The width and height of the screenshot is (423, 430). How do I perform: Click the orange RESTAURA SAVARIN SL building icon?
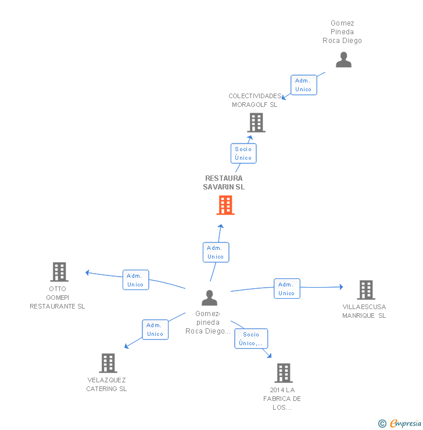coord(225,205)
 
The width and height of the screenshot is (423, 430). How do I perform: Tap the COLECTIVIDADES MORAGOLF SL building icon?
coord(256,123)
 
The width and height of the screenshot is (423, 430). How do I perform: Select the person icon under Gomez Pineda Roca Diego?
coord(343,60)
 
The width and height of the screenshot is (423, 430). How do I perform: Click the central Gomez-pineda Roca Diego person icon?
coord(209,298)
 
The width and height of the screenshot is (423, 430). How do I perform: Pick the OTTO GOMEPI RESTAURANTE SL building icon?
coord(59,271)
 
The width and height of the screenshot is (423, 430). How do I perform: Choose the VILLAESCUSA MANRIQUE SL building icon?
coord(365,289)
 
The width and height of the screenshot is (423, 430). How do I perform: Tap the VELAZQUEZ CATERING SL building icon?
coord(108,363)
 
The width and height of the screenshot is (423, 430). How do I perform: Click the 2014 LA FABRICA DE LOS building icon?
coord(283,372)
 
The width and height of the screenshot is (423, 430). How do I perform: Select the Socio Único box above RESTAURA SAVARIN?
coord(243,153)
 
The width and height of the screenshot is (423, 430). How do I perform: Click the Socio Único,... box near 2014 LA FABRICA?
coord(252,339)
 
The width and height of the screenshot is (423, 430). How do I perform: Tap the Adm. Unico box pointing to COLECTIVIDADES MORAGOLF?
coord(303,85)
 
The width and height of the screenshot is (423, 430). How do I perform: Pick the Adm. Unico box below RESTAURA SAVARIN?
coord(216,252)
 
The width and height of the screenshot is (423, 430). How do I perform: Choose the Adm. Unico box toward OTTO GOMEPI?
coord(135,280)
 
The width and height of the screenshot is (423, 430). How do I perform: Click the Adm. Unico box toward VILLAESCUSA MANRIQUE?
coord(286,289)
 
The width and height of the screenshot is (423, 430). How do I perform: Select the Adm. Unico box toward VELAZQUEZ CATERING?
coord(155,329)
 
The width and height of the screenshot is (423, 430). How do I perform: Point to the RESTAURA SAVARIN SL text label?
coord(224,182)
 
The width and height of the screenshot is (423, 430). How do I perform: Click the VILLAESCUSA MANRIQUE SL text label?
coord(364,311)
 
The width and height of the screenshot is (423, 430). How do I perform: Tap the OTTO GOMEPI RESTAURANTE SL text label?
coord(58,298)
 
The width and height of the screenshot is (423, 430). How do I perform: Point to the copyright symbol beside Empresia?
coord(382,424)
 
